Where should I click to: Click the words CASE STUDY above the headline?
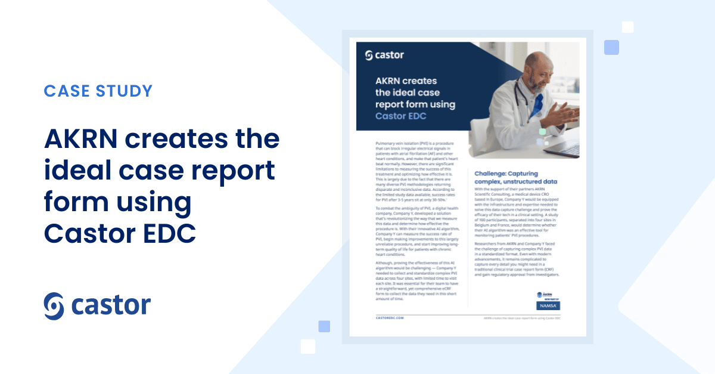[x=98, y=91]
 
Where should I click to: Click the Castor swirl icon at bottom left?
[x=55, y=305]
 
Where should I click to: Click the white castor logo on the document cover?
[x=384, y=55]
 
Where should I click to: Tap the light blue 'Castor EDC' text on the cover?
[x=401, y=116]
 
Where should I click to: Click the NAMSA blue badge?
[x=548, y=305]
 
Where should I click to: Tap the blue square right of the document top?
[x=611, y=47]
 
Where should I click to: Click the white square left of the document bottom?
[x=308, y=346]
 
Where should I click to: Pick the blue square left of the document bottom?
[x=324, y=326]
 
